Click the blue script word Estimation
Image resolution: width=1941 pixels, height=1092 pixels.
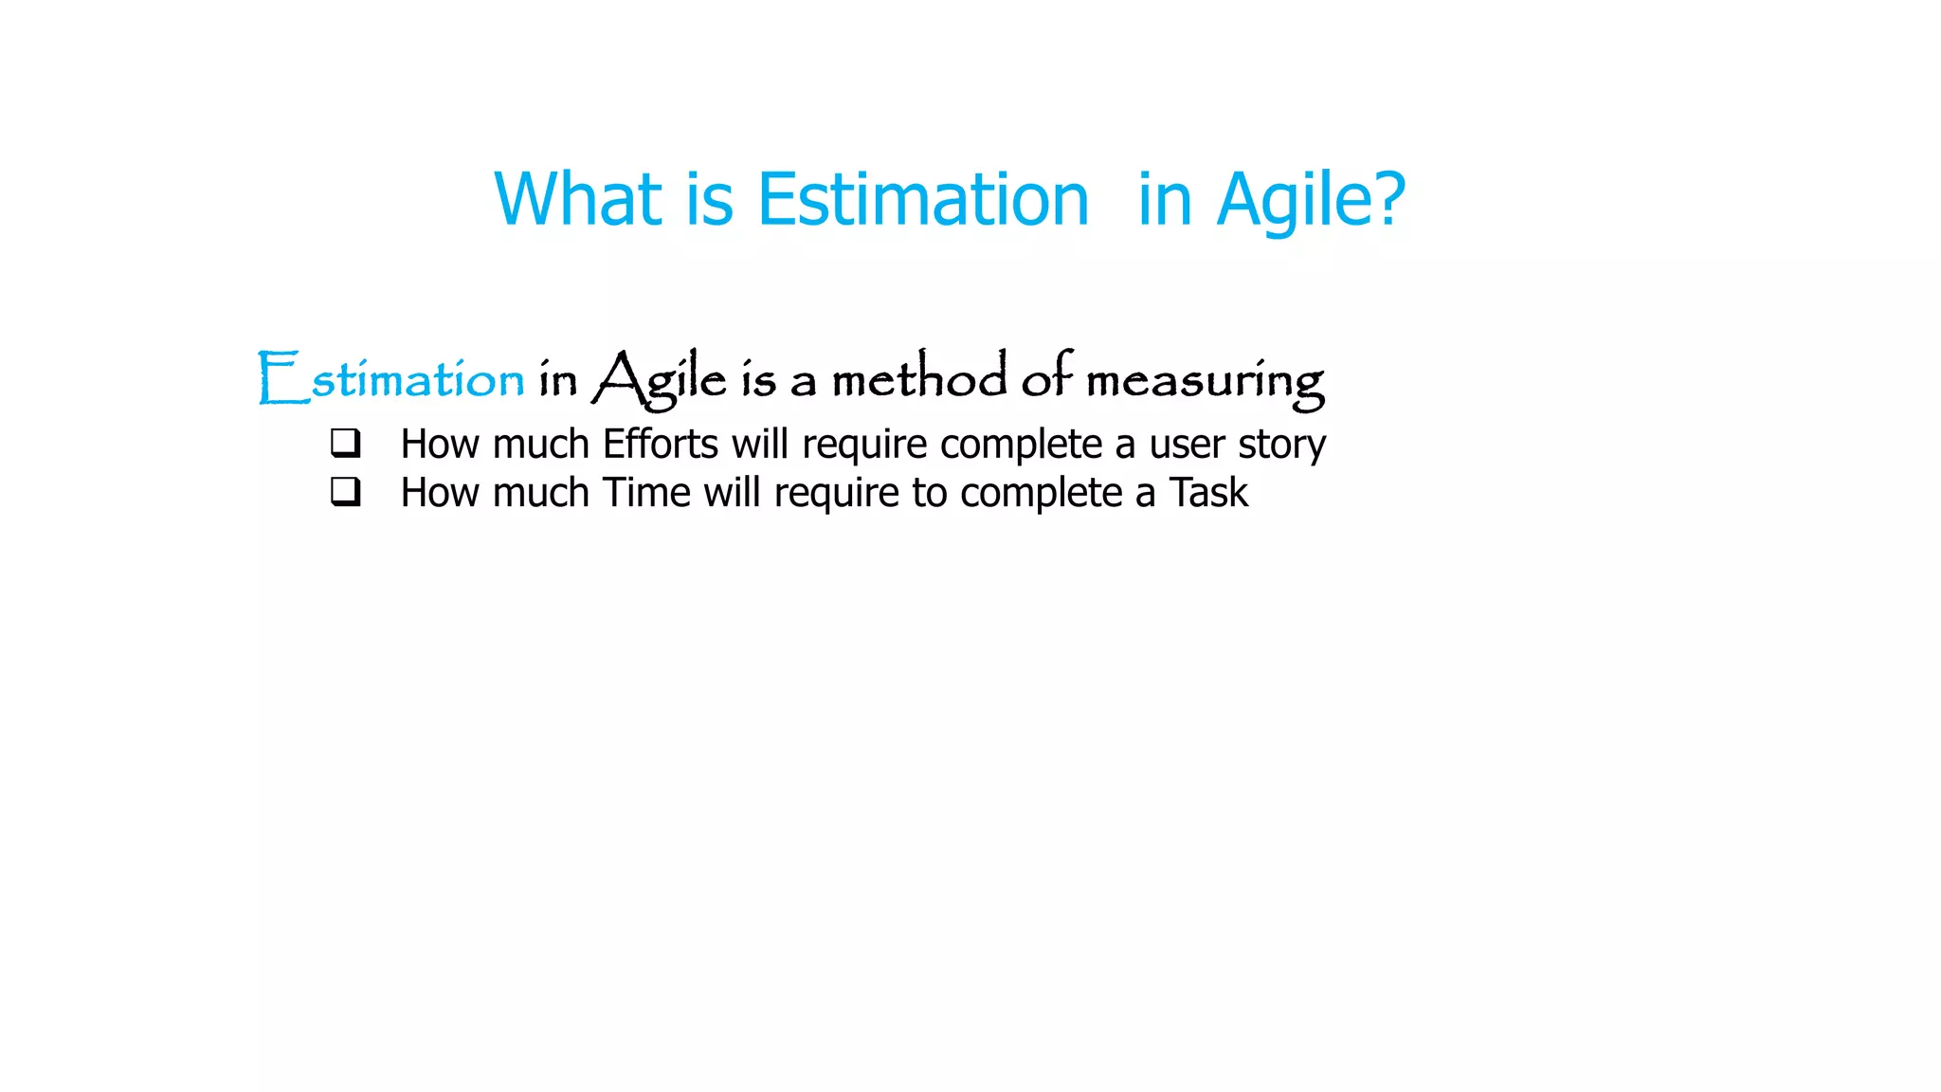point(390,379)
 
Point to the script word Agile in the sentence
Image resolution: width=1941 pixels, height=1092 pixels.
point(660,379)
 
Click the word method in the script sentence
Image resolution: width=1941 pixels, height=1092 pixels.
point(919,378)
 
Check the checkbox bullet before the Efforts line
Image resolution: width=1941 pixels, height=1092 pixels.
point(346,443)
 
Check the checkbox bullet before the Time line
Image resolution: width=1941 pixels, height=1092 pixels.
point(346,491)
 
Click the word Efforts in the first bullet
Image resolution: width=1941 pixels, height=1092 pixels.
point(661,444)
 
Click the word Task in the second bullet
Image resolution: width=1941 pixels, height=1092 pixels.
point(1208,493)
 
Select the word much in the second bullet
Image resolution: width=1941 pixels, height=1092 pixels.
point(541,493)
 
